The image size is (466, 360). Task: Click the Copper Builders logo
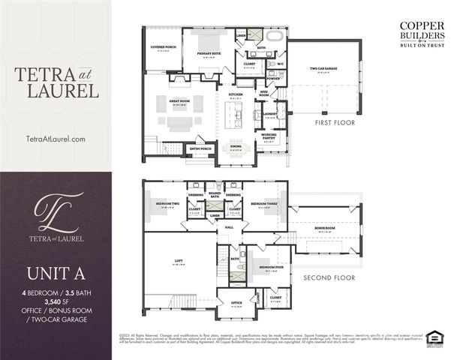[x=422, y=34]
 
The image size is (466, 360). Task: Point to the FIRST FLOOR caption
[x=335, y=122]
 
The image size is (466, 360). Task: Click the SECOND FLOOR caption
[x=329, y=277]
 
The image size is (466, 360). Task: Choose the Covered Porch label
[x=163, y=47]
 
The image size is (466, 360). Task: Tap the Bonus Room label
[x=324, y=230]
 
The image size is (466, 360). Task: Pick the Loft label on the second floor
[x=179, y=262]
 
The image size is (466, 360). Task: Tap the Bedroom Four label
[x=270, y=268]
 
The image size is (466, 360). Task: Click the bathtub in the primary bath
[x=275, y=36]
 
